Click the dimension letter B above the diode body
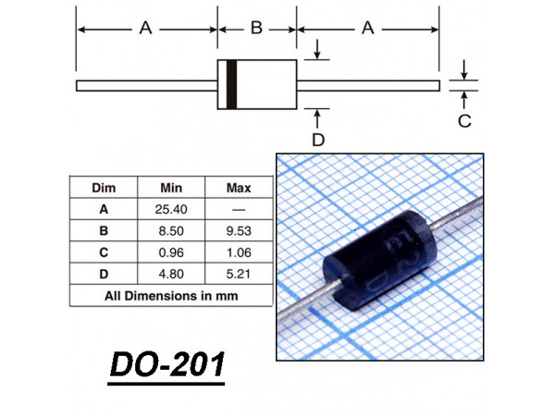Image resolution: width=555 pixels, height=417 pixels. (256, 28)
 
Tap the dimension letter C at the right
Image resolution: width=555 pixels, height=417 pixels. (464, 121)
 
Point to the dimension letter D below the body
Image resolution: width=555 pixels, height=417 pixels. (318, 140)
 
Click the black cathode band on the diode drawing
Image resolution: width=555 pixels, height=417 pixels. (231, 84)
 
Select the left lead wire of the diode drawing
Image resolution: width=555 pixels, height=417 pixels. (147, 86)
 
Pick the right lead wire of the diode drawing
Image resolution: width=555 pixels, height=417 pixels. (368, 86)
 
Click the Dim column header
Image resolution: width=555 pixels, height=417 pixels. (104, 188)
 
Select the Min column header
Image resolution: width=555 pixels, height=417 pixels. (171, 188)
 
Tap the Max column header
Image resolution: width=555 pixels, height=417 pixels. (239, 188)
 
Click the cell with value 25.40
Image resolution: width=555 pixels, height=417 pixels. (171, 209)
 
